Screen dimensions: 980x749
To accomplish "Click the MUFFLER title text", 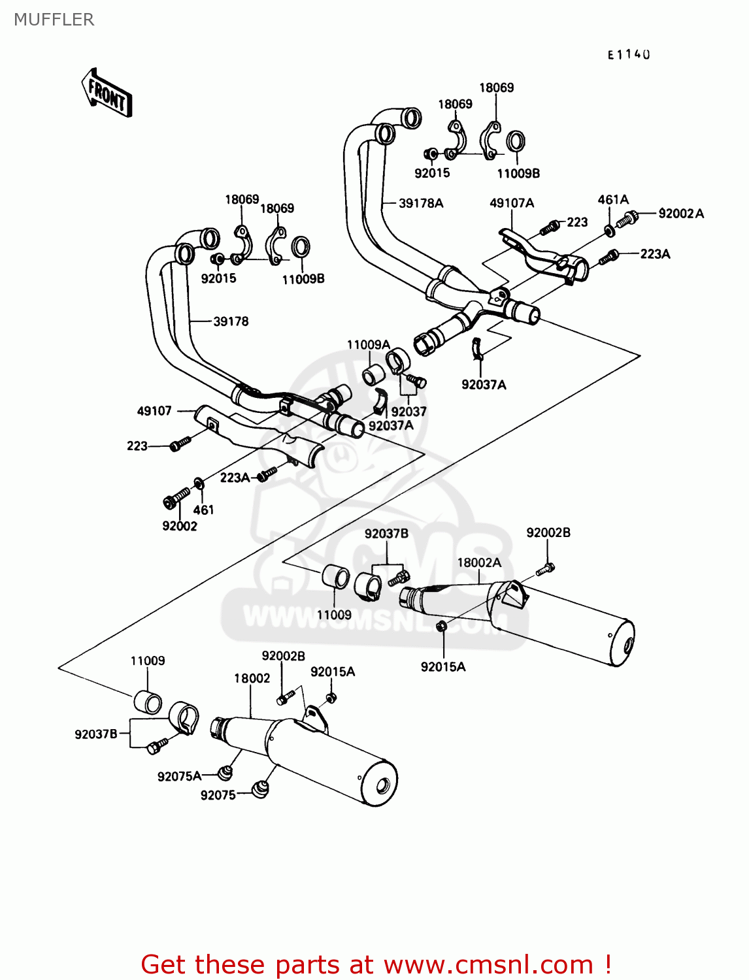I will tap(54, 20).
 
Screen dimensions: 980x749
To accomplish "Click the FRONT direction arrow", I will tap(107, 93).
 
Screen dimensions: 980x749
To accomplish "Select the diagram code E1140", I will tap(629, 55).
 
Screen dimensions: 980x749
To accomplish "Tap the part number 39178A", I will tap(421, 203).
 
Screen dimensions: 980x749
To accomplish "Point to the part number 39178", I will tap(231, 321).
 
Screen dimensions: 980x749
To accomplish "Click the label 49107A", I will tap(512, 203).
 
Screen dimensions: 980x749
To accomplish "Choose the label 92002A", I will tap(681, 214).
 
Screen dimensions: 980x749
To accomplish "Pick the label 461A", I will tap(613, 200).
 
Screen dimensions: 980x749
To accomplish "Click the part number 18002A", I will tap(479, 563).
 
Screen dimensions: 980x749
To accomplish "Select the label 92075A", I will tap(179, 776).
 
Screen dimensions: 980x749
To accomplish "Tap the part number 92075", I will tap(218, 795).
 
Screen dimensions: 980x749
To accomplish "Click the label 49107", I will tap(154, 411).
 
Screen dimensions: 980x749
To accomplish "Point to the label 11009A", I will tap(368, 345).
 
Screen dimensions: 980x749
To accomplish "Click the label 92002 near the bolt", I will tap(180, 526).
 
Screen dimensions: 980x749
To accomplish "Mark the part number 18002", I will tap(252, 678).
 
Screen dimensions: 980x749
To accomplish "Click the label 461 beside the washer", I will tap(203, 510).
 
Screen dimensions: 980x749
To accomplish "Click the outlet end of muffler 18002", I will tap(384, 783).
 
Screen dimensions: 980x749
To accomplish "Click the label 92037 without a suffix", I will tap(408, 412).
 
